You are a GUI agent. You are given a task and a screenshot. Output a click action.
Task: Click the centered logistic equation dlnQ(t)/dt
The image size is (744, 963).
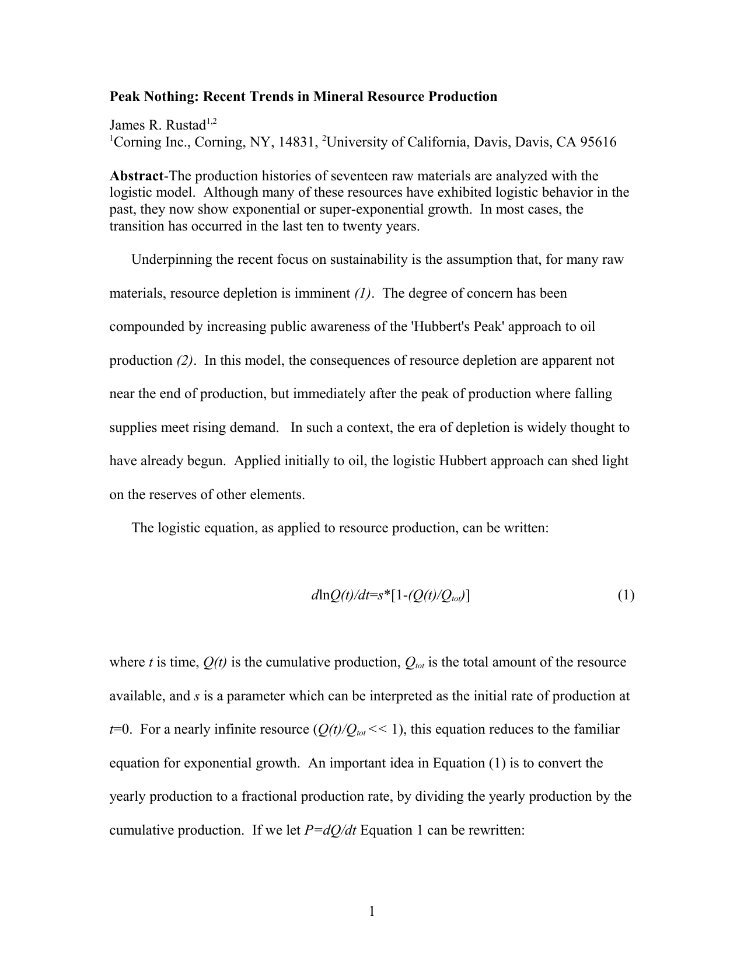click(390, 596)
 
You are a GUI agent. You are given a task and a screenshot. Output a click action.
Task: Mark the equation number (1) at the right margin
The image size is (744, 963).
click(626, 596)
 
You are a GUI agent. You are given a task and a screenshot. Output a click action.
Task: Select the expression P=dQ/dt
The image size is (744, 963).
click(330, 831)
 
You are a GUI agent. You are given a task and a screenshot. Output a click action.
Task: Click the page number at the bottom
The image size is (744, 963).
click(372, 911)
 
